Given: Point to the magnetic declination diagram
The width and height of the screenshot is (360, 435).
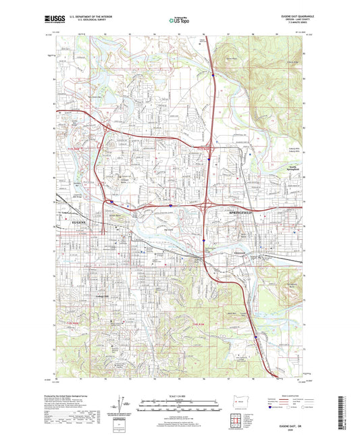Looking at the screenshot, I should point(124,403).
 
